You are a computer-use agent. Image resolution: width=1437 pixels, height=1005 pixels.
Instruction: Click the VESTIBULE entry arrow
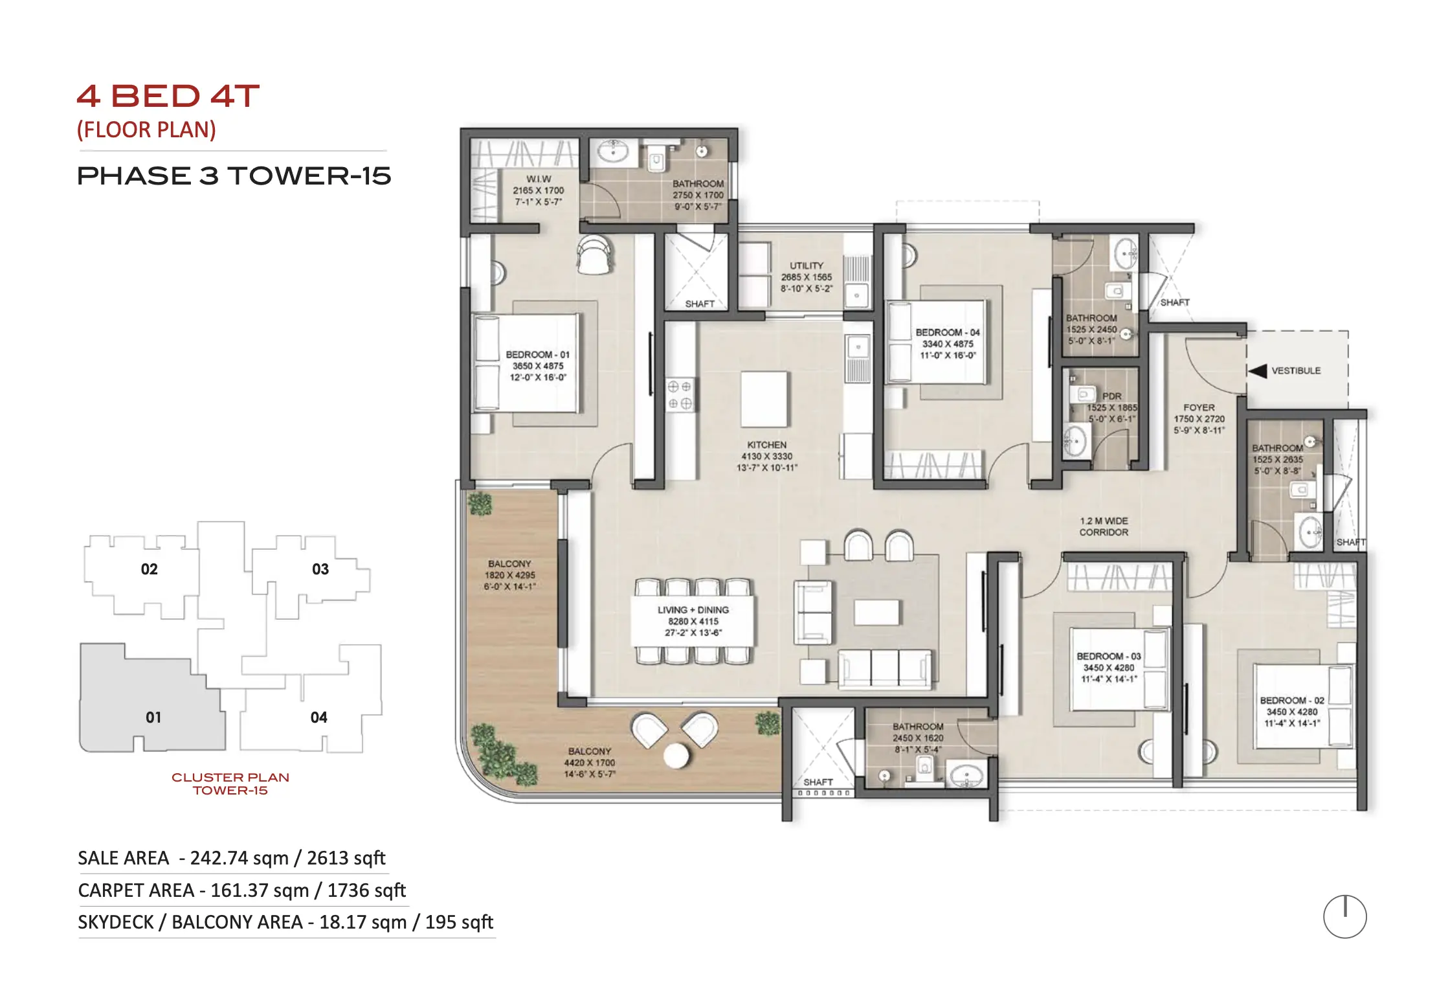[1257, 371]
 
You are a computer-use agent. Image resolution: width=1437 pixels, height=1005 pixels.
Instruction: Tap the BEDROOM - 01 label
[537, 355]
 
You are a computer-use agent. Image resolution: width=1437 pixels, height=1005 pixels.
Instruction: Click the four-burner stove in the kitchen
[680, 395]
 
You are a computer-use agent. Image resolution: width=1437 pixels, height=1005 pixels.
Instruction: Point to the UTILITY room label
[807, 265]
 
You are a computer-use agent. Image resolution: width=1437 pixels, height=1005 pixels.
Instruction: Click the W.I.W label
[539, 179]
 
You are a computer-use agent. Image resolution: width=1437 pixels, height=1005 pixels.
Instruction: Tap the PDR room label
[1111, 396]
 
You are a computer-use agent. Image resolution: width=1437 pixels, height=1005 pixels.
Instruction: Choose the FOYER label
[1199, 408]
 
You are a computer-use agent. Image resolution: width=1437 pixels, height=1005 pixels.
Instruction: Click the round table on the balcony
[676, 755]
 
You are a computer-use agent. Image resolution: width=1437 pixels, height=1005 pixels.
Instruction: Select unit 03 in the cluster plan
[320, 569]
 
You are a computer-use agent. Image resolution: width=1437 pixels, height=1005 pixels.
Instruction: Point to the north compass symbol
[1344, 916]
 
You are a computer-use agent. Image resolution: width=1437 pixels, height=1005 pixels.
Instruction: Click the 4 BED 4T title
[168, 96]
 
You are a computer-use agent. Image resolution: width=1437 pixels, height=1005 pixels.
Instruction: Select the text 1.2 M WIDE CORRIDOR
[1104, 526]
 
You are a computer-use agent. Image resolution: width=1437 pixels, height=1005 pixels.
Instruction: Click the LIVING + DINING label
[693, 610]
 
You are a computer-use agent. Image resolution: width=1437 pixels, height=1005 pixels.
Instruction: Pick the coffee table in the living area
[876, 613]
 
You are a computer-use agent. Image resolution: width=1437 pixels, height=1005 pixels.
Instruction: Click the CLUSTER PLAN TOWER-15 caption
[230, 784]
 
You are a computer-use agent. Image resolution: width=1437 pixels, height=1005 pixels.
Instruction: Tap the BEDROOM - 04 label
[948, 332]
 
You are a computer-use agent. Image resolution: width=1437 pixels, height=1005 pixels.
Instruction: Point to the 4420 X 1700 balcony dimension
[590, 763]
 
